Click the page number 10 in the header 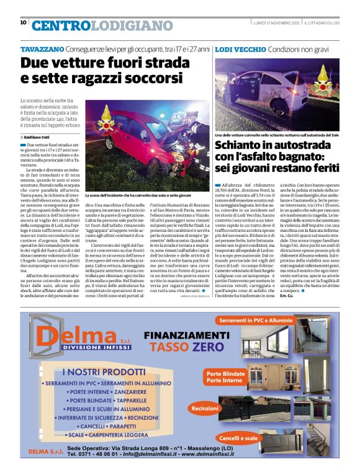tap(23, 22)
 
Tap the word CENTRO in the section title tap(59, 25)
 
